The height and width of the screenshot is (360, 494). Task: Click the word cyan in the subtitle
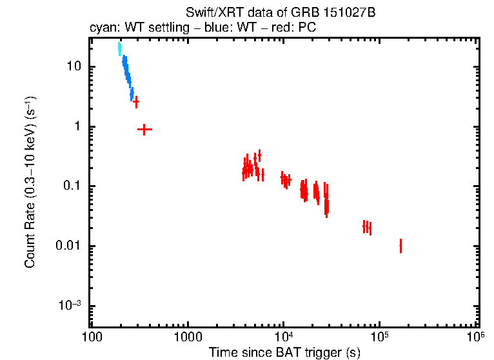101,29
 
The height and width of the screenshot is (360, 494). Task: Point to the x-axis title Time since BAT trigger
284,352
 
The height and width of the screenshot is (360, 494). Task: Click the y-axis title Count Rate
30,183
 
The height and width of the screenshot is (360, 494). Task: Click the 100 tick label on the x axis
92,336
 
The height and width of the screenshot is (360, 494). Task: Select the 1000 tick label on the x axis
188,336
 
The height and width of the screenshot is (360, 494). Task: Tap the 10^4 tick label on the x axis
283,335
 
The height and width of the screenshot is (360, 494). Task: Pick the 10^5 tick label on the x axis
379,335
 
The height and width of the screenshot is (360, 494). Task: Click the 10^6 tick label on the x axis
475,335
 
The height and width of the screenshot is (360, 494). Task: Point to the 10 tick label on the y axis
73,66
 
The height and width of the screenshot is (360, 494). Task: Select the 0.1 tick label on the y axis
70,186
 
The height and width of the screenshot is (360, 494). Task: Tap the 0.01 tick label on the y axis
68,246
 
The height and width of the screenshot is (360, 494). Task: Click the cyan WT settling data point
119,49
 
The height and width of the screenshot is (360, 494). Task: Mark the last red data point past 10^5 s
400,246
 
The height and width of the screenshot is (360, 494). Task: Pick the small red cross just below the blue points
135,103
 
